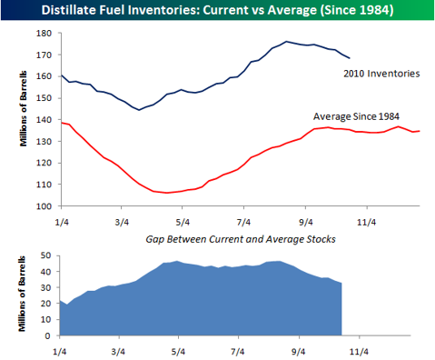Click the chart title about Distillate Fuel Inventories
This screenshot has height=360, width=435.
click(x=217, y=11)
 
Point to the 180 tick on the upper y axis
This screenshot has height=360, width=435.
click(x=44, y=33)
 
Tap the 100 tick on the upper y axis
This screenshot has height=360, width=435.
click(x=44, y=206)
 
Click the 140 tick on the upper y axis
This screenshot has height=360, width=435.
click(x=44, y=120)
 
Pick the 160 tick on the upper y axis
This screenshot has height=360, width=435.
click(x=44, y=76)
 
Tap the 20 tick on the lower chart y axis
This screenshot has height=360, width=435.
click(x=46, y=304)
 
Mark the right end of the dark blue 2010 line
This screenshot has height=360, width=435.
click(x=349, y=58)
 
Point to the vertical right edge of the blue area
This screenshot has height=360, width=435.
click(x=341, y=309)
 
